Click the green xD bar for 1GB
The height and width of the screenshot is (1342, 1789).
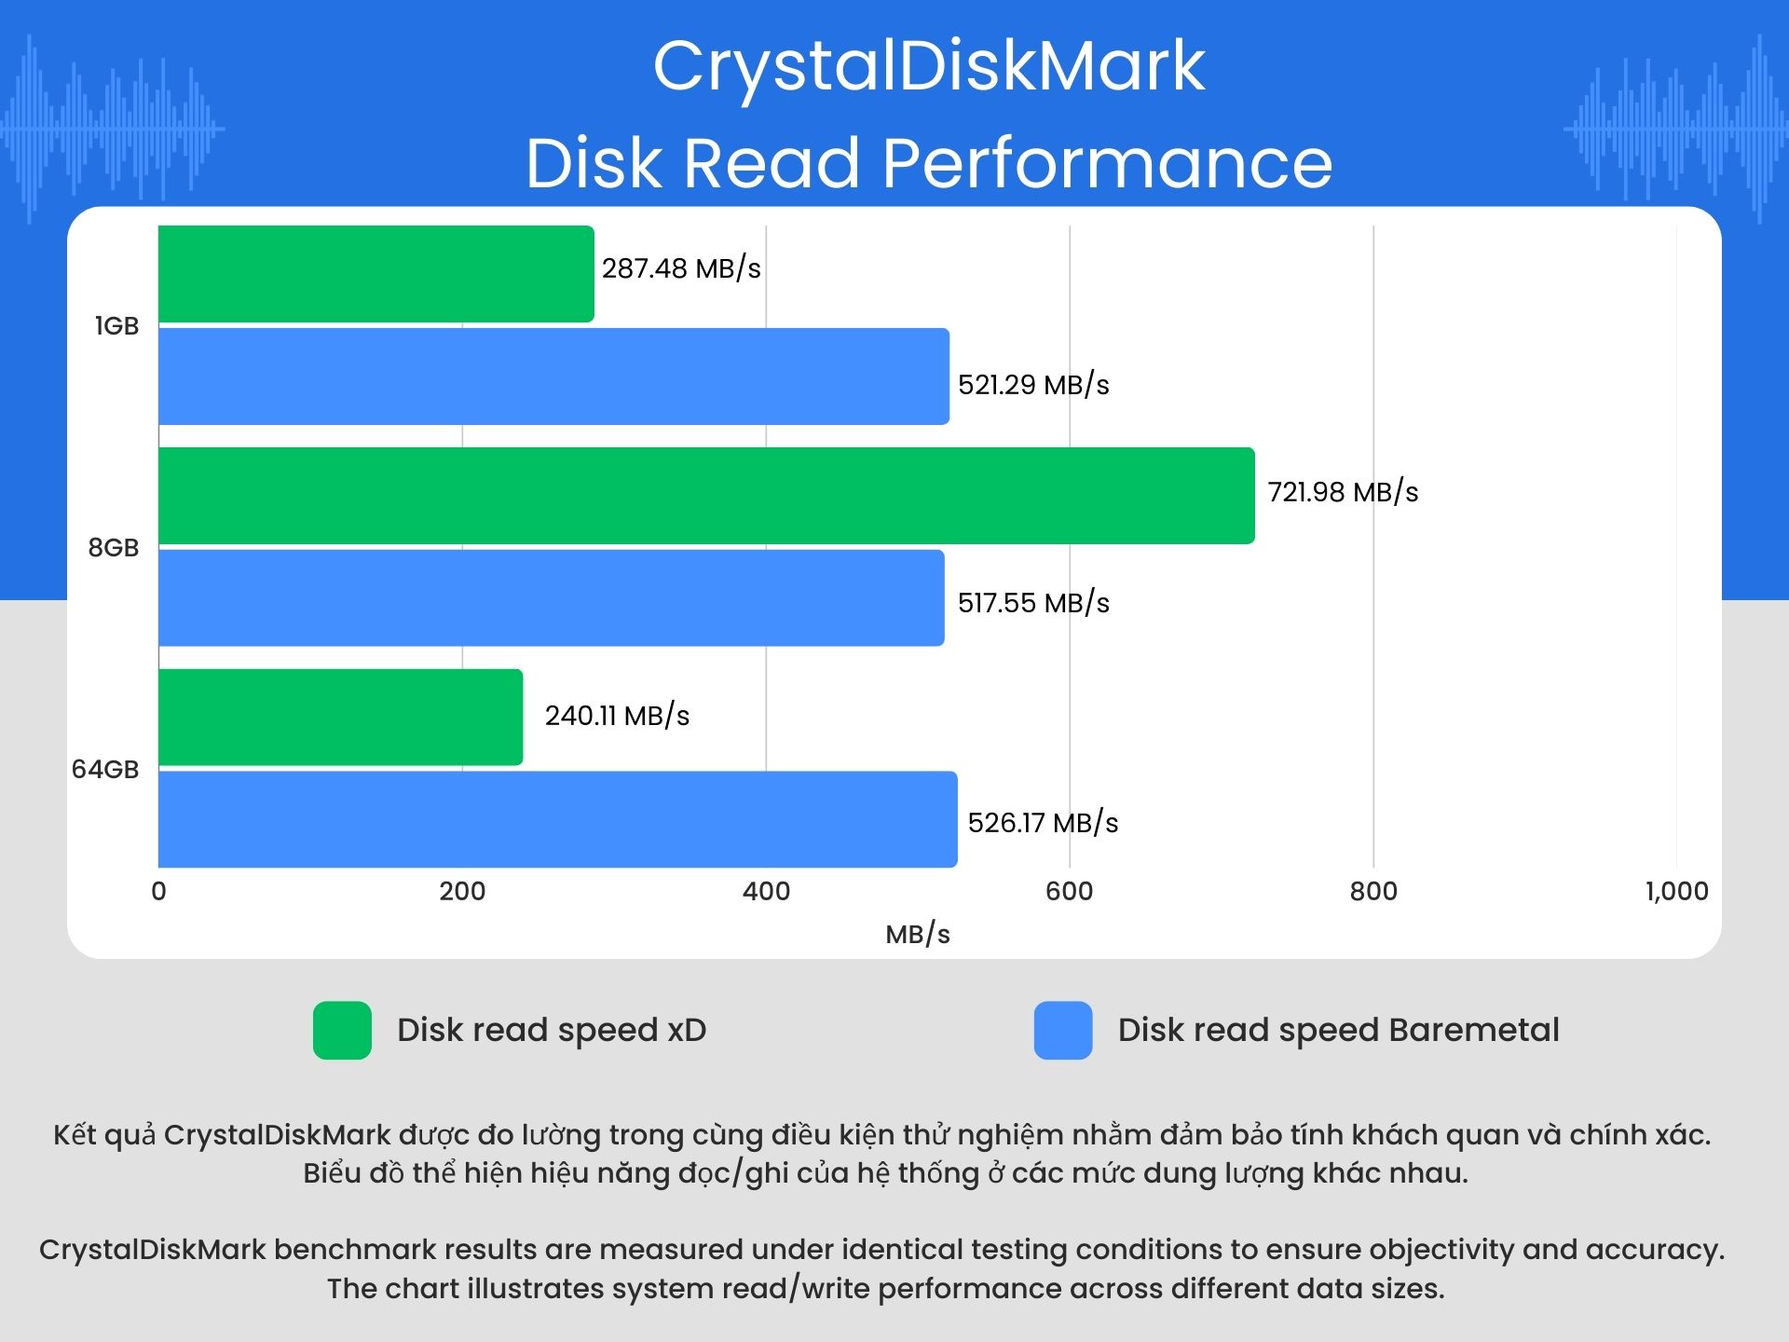coord(376,274)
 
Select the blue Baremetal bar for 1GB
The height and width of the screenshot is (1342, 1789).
coord(553,377)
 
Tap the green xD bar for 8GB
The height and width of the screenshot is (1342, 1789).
coord(706,496)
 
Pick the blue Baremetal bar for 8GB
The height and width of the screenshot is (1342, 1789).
coord(551,598)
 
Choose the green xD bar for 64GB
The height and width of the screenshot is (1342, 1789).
coord(340,718)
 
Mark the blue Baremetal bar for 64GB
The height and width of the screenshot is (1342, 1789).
coord(557,820)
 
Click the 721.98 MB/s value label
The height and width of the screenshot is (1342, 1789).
coord(1343,492)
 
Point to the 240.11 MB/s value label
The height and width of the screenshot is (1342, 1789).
coord(617,716)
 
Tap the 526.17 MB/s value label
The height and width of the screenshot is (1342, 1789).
coord(1043,823)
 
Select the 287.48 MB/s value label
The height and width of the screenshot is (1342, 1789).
coord(681,268)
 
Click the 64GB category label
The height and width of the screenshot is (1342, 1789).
coord(105,770)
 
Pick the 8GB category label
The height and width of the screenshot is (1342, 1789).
coord(114,548)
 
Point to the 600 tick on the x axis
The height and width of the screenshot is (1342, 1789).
coord(1069,892)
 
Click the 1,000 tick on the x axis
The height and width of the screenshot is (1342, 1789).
coord(1676,892)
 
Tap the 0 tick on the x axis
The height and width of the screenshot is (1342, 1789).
coord(159,892)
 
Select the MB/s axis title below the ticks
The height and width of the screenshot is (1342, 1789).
coord(918,935)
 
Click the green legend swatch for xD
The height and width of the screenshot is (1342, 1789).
coord(342,1031)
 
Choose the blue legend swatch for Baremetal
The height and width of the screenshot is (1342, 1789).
coord(1063,1031)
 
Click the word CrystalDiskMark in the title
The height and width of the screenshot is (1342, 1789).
coord(929,67)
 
